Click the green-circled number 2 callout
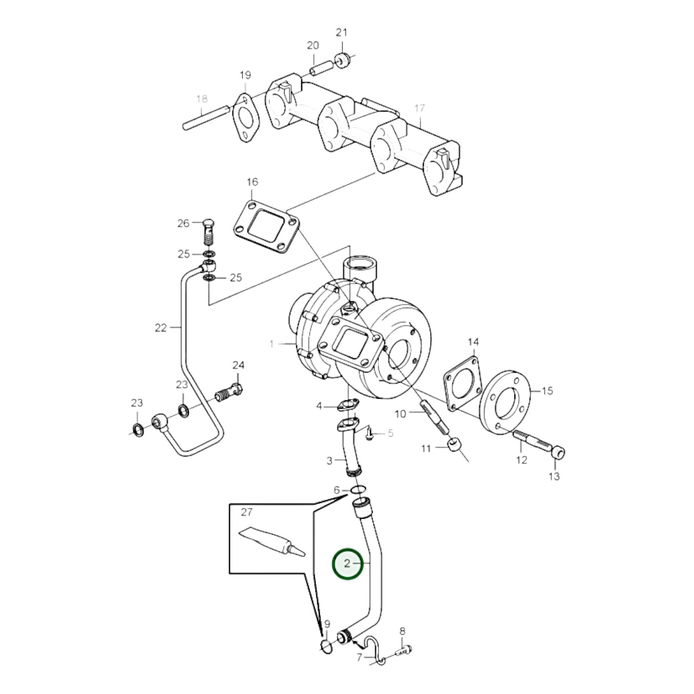pyautogui.click(x=348, y=563)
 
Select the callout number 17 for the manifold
pyautogui.click(x=420, y=109)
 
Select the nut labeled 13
pyautogui.click(x=558, y=452)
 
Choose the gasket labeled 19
pyautogui.click(x=245, y=118)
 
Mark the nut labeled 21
pyautogui.click(x=342, y=61)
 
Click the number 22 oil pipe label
pyautogui.click(x=160, y=328)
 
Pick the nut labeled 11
pyautogui.click(x=454, y=446)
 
